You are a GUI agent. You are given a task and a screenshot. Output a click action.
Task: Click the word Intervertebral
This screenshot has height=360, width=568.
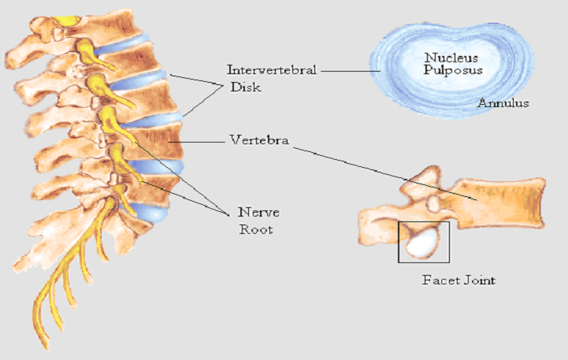[271, 70]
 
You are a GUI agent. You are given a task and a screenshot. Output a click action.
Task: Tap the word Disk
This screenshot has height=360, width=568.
[245, 87]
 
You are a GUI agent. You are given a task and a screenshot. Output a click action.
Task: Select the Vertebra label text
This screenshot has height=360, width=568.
[258, 141]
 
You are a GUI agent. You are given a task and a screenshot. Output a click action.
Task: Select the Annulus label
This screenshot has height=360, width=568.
[503, 103]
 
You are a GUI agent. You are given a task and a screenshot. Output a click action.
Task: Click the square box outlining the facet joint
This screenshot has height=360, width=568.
[424, 223]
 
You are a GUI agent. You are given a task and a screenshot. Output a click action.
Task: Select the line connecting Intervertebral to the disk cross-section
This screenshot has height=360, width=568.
[347, 71]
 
